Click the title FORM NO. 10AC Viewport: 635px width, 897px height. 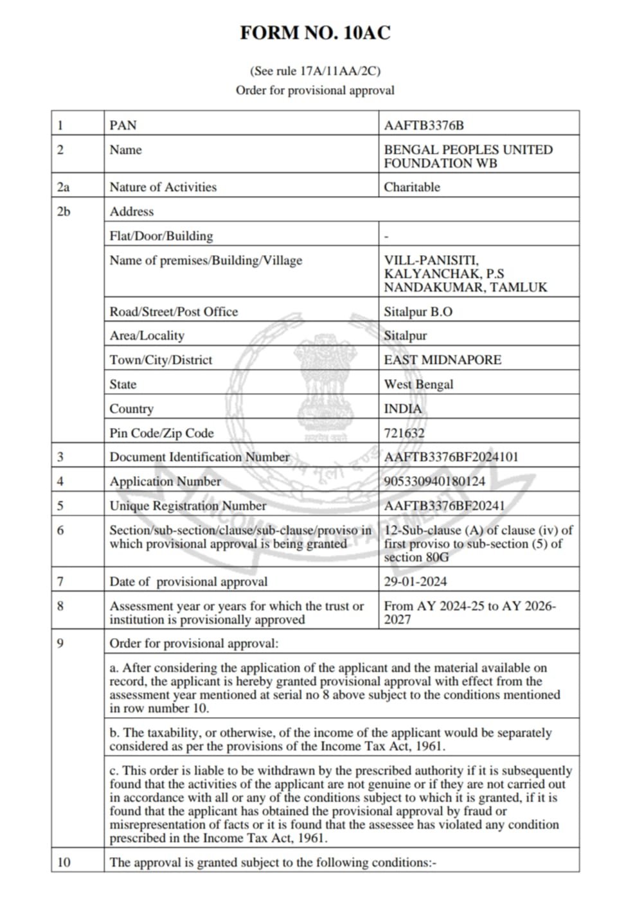pos(315,33)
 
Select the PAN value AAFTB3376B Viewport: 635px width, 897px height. pos(424,125)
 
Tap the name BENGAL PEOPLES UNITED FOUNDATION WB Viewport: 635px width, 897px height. pos(468,156)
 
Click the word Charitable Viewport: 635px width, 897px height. pos(412,187)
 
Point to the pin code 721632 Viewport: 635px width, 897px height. pos(404,433)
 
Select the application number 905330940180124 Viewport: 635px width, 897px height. pos(434,481)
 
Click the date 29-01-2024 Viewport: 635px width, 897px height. pos(415,582)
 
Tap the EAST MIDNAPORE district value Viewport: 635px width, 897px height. pos(442,360)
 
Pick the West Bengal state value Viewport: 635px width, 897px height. pos(418,384)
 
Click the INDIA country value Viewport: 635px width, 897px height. pos(403,409)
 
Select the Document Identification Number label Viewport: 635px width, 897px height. pos(199,457)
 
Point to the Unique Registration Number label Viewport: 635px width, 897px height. pos(188,506)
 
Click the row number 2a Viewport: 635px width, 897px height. pos(63,187)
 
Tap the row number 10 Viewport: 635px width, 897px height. pos(64,862)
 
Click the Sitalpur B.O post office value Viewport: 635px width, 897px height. pos(418,312)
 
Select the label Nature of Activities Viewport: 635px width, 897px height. pos(163,187)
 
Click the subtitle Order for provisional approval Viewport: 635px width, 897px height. pos(315,91)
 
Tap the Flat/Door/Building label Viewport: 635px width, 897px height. pos(161,236)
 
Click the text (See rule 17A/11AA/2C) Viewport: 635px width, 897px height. pos(315,71)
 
